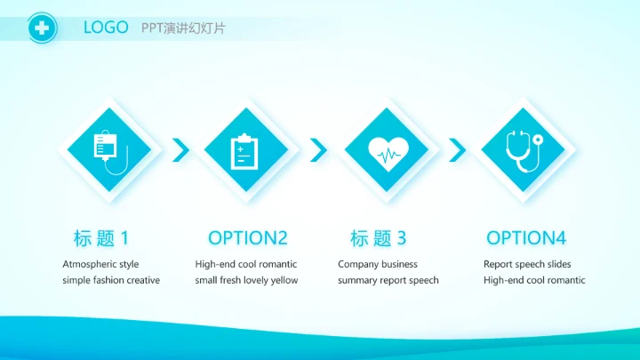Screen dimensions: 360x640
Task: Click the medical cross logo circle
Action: (41, 28)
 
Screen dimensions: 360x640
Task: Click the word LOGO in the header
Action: (106, 28)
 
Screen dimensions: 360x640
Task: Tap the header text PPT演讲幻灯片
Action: (183, 28)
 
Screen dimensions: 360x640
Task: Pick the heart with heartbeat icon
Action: (388, 151)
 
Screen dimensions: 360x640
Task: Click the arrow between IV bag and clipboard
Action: (181, 150)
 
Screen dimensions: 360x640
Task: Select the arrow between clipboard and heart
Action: (318, 150)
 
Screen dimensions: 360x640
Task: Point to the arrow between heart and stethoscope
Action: (457, 150)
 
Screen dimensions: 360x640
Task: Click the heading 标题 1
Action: (101, 238)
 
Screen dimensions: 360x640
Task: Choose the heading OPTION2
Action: (248, 238)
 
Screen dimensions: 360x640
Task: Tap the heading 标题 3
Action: (378, 238)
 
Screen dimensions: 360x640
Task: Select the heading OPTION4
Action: (526, 238)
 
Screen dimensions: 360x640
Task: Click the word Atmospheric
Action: (89, 264)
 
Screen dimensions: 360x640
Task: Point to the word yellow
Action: (284, 280)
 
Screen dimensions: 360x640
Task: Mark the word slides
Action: (556, 264)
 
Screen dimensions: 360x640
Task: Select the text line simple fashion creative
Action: (111, 280)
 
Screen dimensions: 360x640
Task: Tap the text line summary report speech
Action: (388, 280)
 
